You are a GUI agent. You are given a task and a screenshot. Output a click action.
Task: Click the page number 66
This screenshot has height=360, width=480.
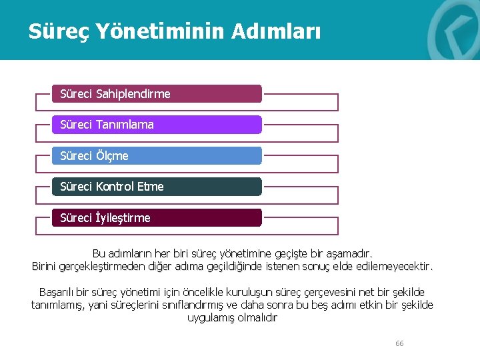pos(399,343)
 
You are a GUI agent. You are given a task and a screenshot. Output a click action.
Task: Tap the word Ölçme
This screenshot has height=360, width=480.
pos(112,156)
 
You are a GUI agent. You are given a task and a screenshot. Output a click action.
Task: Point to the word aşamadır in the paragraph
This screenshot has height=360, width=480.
pos(351,254)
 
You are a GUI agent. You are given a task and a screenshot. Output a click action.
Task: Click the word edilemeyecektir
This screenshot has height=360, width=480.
pos(394,267)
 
